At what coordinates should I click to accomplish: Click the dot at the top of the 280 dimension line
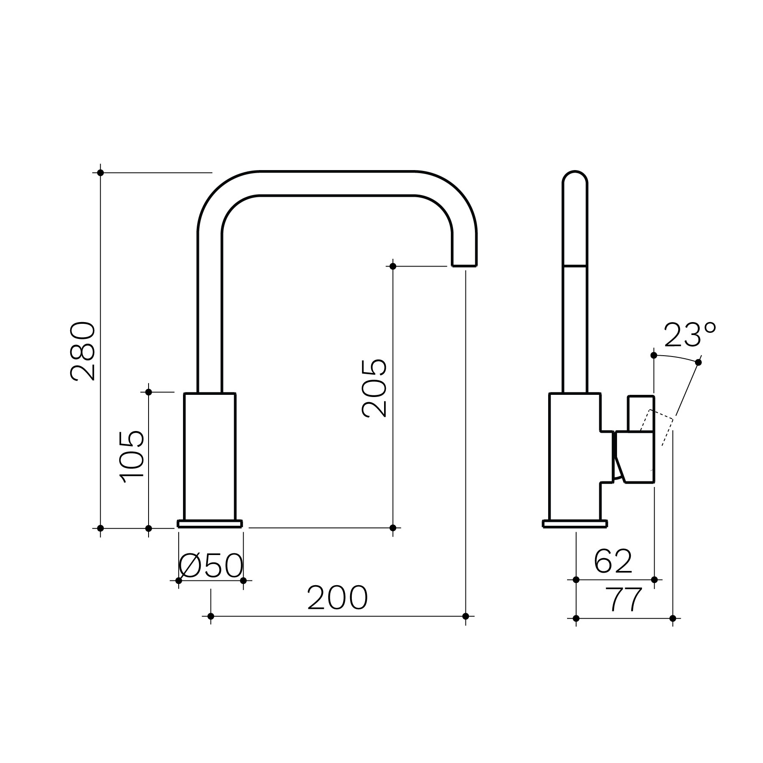click(x=100, y=173)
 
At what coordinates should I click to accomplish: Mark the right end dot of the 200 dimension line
click(x=465, y=616)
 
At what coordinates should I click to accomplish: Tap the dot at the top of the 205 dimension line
click(x=393, y=267)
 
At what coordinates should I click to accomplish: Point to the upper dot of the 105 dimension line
click(x=149, y=392)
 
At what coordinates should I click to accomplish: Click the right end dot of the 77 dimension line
click(x=673, y=618)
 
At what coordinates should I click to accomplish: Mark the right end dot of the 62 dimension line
click(x=654, y=580)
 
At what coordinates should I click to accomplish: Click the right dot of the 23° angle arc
click(x=698, y=362)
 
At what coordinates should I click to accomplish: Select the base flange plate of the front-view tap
click(x=210, y=524)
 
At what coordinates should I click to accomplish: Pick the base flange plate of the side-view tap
click(x=575, y=524)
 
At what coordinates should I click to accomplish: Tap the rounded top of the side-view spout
click(x=575, y=176)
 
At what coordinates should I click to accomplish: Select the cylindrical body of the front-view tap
click(x=210, y=457)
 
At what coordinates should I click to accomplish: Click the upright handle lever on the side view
click(x=641, y=413)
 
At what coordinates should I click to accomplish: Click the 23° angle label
click(x=690, y=335)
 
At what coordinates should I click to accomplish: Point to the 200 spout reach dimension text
click(x=338, y=598)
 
